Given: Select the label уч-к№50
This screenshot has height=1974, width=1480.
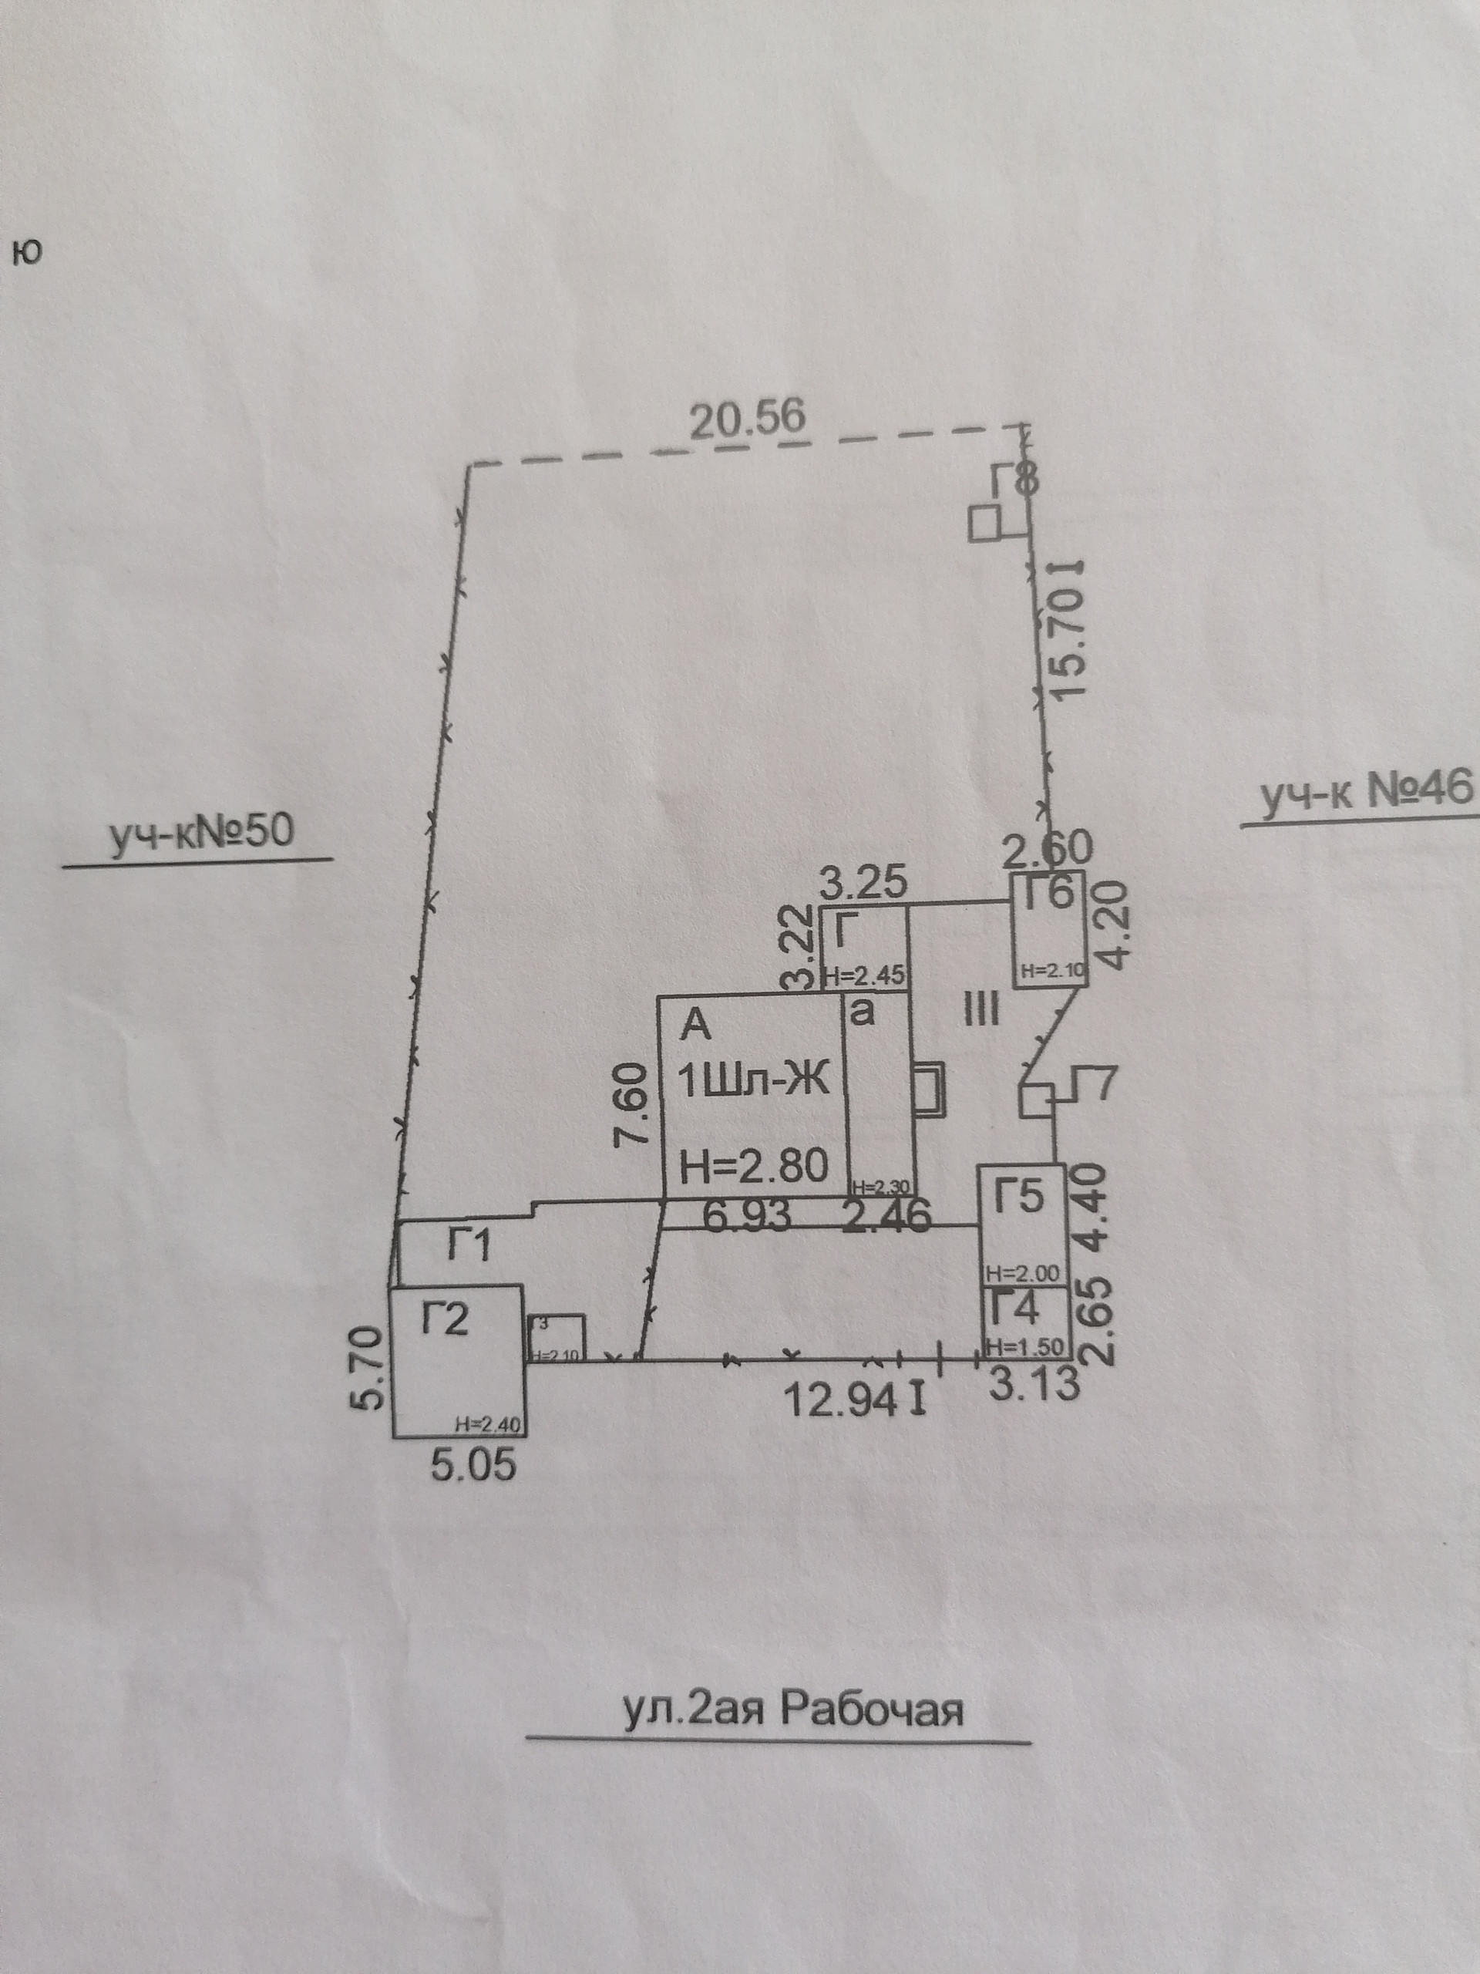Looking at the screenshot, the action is click(x=200, y=832).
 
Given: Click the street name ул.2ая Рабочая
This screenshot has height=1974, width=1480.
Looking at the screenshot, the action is click(x=792, y=1711).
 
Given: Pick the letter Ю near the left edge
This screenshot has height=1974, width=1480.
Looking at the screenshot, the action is click(x=28, y=254).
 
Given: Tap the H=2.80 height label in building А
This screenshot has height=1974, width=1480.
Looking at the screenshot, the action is click(x=754, y=1167).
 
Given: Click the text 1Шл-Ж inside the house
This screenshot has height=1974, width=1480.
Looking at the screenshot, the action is click(x=754, y=1083).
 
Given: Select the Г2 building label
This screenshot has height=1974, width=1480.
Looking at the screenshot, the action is click(x=444, y=1319).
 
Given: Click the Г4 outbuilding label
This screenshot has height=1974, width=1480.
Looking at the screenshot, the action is click(x=1016, y=1310).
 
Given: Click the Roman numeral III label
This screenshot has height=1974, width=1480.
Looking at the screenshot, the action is click(x=981, y=1011).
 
